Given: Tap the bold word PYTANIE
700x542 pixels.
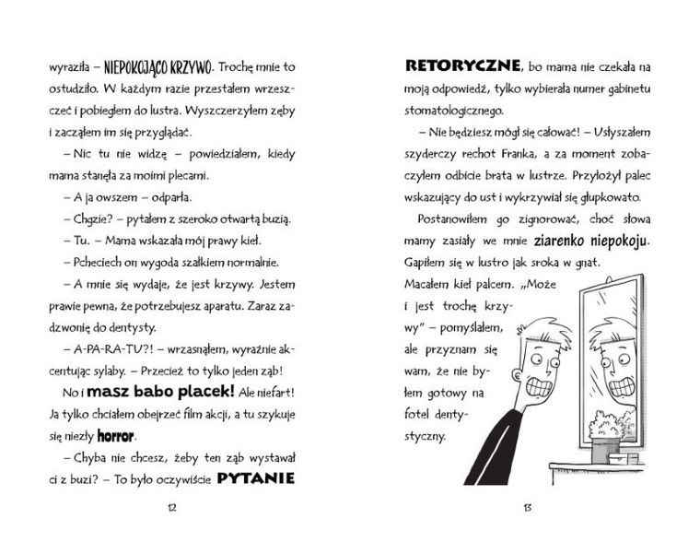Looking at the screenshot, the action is tap(255, 477).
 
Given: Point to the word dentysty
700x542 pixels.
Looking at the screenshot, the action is tap(134, 327).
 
